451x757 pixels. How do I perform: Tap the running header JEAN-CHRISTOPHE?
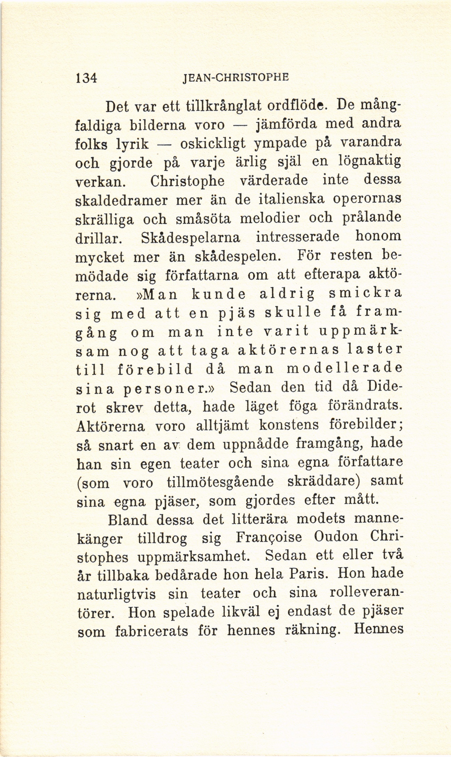(x=236, y=77)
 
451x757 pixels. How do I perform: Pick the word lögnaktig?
(x=370, y=162)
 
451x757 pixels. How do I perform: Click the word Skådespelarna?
(x=191, y=238)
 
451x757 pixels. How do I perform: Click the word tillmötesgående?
(x=220, y=482)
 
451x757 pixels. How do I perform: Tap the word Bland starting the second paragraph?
(x=128, y=520)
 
